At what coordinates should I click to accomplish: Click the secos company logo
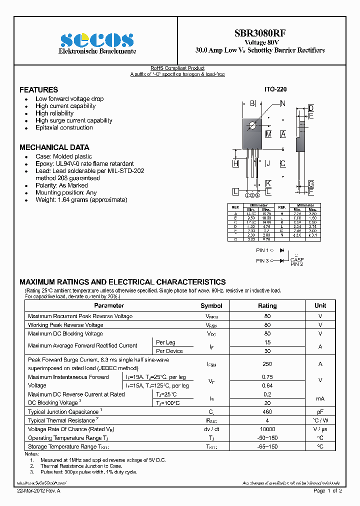tap(97, 40)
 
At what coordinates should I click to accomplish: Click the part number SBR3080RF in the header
tap(260, 33)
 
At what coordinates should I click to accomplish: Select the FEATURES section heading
tap(38, 90)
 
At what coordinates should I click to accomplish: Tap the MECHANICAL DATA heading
tap(54, 147)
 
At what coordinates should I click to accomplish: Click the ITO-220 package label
tap(275, 89)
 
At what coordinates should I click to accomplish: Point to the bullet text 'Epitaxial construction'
tap(64, 127)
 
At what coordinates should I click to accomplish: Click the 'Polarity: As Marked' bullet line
tap(61, 185)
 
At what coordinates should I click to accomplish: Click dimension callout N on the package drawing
tap(282, 103)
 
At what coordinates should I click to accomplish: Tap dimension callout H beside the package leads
tap(235, 163)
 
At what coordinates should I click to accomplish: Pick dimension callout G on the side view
tap(310, 184)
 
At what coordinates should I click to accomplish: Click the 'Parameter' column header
tap(109, 305)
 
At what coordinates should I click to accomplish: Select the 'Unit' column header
tap(320, 305)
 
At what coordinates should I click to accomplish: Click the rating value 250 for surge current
tap(267, 364)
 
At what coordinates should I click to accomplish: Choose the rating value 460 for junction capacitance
tap(267, 412)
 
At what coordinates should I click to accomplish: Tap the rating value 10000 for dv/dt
tap(267, 429)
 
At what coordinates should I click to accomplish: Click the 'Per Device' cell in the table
tap(169, 351)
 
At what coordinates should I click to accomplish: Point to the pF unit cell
tap(320, 412)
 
